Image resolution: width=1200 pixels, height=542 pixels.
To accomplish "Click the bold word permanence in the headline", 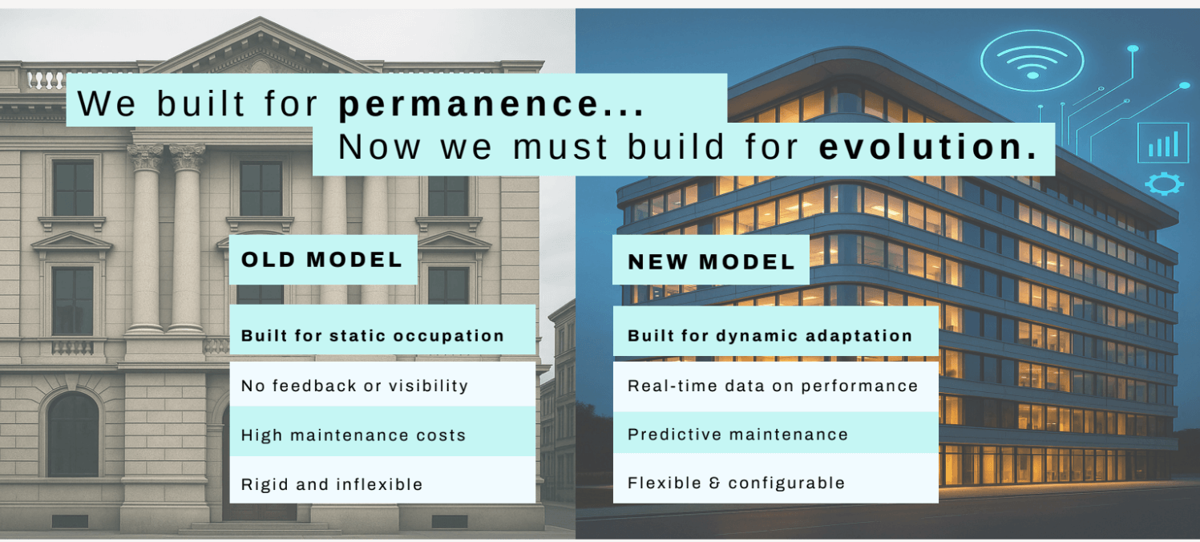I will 491,104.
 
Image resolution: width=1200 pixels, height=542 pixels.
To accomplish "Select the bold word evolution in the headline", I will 928,148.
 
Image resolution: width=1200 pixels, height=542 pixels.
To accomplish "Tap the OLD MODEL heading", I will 322,260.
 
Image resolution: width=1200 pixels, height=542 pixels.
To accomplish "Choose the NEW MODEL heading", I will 711,261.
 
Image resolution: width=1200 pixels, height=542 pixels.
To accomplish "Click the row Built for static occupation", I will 373,336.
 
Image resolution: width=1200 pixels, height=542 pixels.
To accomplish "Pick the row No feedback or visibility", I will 354,386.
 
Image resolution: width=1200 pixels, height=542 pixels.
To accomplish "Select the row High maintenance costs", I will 353,435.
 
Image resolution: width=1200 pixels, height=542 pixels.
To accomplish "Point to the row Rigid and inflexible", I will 332,484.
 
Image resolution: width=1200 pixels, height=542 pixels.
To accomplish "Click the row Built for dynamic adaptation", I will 770,336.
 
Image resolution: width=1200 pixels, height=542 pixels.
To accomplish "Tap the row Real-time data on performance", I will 773,386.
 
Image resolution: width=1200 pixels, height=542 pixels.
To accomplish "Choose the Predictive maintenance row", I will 737,435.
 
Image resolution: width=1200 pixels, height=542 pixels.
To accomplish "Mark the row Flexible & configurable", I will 736,483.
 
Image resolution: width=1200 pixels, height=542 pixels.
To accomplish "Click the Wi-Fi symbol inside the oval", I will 1032,62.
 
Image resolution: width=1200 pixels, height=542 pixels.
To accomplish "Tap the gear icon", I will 1164,184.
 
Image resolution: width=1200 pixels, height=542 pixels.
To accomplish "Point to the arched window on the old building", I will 73,433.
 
